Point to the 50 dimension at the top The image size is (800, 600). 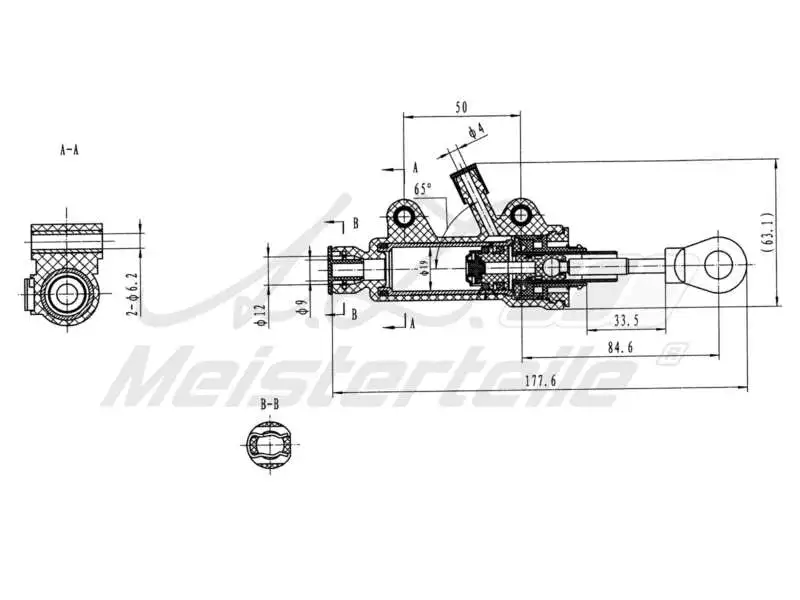coord(461,106)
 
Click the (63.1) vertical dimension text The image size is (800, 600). coord(768,234)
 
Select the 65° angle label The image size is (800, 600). coord(423,188)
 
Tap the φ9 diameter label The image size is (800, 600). coord(301,309)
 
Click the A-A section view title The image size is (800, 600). coord(69,150)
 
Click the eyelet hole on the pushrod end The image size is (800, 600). coord(718,264)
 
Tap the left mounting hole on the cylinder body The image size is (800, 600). coord(404,217)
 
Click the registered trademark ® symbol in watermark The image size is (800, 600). coord(674,351)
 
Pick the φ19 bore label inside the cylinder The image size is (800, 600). coord(424,268)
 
